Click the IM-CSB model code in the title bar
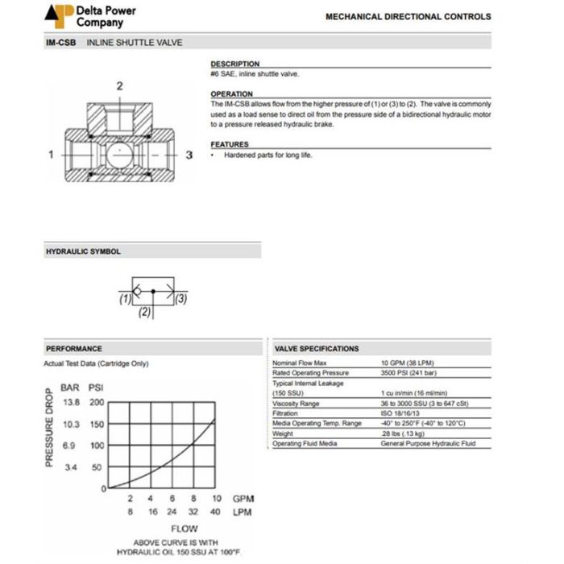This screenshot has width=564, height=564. [x=60, y=42]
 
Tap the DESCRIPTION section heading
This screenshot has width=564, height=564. [x=234, y=64]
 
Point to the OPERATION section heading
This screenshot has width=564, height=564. [x=231, y=94]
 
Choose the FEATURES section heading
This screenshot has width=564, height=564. [x=230, y=144]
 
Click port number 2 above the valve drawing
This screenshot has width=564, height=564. [x=119, y=85]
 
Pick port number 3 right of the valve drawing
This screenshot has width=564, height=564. [x=189, y=153]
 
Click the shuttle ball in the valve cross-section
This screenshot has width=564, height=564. [x=118, y=153]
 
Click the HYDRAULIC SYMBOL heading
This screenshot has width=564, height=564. [x=83, y=251]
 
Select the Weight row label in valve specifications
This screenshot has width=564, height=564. [x=283, y=433]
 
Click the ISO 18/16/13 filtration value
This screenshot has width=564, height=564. [x=400, y=413]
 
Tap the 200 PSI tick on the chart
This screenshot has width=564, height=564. [x=97, y=402]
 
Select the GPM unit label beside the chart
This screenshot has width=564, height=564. [x=243, y=500]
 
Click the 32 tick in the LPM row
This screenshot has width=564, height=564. [x=194, y=512]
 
